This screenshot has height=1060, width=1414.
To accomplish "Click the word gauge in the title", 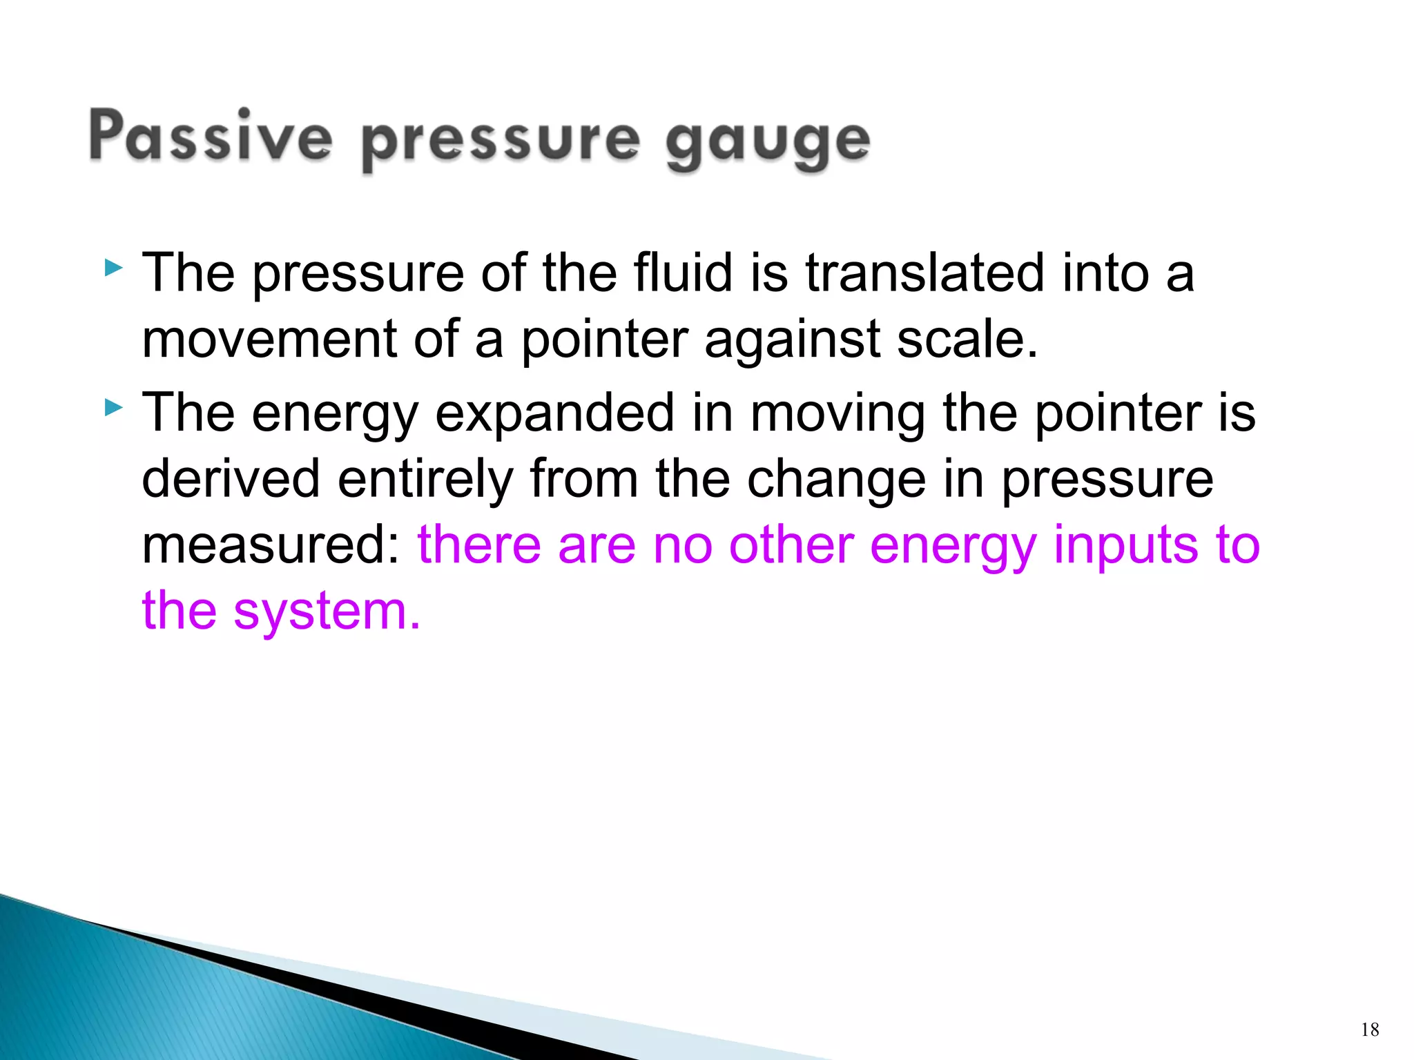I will pyautogui.click(x=767, y=142).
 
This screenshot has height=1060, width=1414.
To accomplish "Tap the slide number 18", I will pyautogui.click(x=1370, y=1030).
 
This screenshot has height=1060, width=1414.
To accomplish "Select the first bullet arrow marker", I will pyautogui.click(x=113, y=268).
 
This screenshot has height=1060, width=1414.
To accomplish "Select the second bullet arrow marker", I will pyautogui.click(x=113, y=408).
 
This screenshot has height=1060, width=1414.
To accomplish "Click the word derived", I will pyautogui.click(x=231, y=478).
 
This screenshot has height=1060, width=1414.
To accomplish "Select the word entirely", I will pyautogui.click(x=425, y=480).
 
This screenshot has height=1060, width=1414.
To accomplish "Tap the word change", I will pyautogui.click(x=836, y=480).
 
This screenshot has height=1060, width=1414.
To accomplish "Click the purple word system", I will pyautogui.click(x=326, y=612).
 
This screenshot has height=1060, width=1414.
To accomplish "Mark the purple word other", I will pyautogui.click(x=791, y=545).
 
